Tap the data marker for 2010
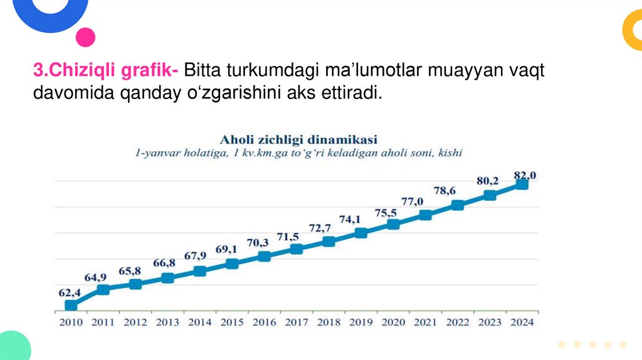point(71,305)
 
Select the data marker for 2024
point(522,184)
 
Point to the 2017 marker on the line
point(297,249)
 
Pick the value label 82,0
point(524,174)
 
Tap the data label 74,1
point(350,220)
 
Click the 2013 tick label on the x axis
point(167,322)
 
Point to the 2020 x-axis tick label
point(393,322)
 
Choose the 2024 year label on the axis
point(522,322)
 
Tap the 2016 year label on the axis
point(264,322)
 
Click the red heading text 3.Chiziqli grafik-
point(106,71)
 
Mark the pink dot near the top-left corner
point(85,37)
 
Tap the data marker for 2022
point(458,205)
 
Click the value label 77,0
point(412,201)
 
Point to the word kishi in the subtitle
point(450,152)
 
